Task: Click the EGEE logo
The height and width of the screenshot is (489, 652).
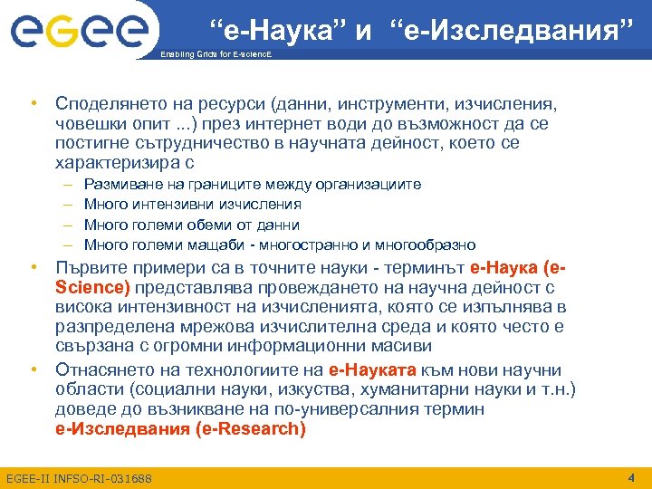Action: [x=79, y=32]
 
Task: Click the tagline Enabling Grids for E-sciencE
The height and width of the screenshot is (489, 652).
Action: [x=215, y=55]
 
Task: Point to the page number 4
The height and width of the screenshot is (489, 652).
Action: [x=631, y=476]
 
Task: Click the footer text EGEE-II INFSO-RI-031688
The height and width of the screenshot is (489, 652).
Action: [x=79, y=478]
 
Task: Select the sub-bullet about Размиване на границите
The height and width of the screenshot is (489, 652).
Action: [x=252, y=185]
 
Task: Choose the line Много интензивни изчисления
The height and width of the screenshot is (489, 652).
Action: [x=192, y=205]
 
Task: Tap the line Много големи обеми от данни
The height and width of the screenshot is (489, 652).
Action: [x=191, y=225]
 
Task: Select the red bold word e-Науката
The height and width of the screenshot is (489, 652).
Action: [x=372, y=369]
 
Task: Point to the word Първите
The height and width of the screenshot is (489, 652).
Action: [x=88, y=267]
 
